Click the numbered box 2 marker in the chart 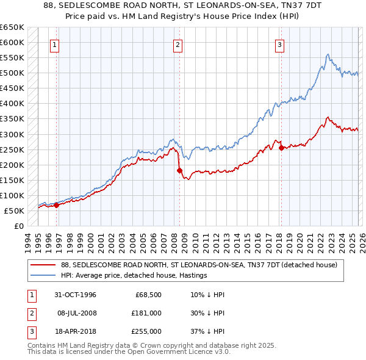178,44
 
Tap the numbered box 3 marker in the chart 279,44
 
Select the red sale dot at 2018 281,148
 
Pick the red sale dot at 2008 179,170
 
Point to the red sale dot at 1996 57,205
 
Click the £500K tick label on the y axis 12,73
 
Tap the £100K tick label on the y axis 12,195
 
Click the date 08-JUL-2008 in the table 77,312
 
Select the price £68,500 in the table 148,295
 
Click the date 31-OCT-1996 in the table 77,295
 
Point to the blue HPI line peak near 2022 328,55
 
